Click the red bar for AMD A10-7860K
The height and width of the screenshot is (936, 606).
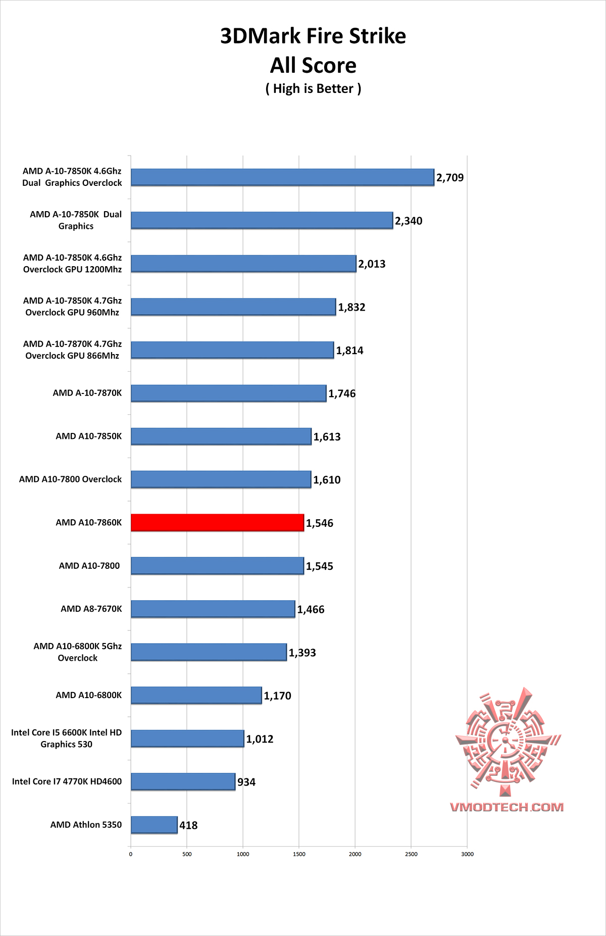click(x=217, y=523)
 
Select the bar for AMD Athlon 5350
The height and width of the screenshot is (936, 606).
click(x=154, y=825)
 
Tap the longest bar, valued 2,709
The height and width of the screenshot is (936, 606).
click(x=282, y=177)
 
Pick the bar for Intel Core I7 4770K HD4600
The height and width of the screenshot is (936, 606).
click(x=183, y=781)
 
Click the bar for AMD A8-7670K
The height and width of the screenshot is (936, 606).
click(x=213, y=609)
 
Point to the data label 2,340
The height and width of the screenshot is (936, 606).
click(x=409, y=221)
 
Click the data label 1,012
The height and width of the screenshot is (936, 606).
click(x=260, y=739)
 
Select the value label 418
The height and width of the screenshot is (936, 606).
click(x=188, y=825)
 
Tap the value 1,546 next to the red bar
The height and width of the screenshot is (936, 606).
click(x=320, y=523)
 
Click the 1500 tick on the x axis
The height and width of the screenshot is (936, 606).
click(x=299, y=854)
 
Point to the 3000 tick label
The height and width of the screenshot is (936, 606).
click(x=468, y=854)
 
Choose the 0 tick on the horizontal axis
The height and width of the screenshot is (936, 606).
click(x=131, y=854)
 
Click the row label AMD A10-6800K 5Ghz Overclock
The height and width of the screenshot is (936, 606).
click(x=78, y=652)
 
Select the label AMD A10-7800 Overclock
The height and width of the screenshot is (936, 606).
click(x=70, y=479)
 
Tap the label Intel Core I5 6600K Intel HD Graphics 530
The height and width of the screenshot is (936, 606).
click(x=67, y=738)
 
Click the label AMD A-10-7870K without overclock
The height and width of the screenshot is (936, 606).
click(x=87, y=393)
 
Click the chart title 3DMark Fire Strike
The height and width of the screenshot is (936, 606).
click(x=313, y=36)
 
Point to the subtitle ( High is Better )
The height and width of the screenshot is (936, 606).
click(x=313, y=89)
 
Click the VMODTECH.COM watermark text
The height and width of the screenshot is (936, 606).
click(x=507, y=807)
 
